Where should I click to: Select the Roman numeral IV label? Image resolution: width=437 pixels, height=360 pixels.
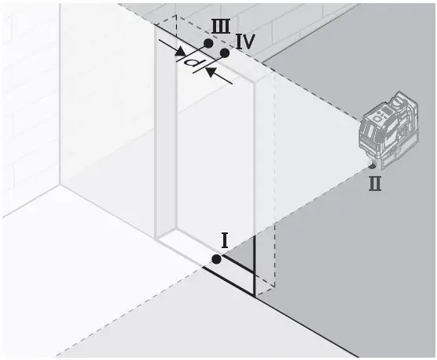tap(244, 42)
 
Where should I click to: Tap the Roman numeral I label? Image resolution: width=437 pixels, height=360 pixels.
tap(224, 240)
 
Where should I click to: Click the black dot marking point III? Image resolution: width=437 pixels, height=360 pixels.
tap(208, 43)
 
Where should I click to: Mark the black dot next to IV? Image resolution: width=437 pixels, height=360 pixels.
tap(224, 52)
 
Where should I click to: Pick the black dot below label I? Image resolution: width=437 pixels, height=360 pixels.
tap(216, 259)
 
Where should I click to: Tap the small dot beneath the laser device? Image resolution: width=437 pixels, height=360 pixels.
tap(371, 166)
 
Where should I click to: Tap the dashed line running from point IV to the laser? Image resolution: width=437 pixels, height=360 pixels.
tap(298, 85)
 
